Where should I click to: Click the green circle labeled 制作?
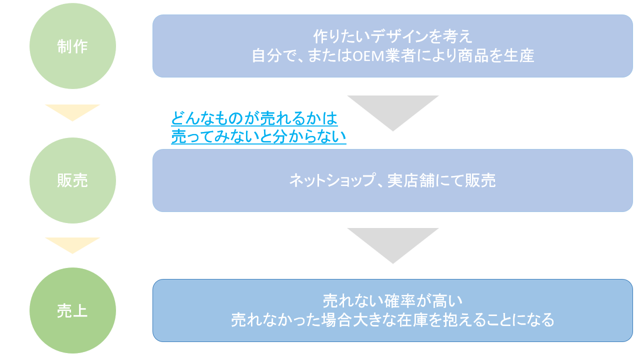click(x=72, y=46)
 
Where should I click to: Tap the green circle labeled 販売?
click(x=72, y=180)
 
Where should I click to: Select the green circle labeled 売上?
click(x=72, y=310)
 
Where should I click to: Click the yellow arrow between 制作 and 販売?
click(x=72, y=111)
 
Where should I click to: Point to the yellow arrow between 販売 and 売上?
click(x=72, y=244)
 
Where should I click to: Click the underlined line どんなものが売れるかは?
click(x=254, y=119)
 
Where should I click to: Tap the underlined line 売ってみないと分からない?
click(x=258, y=136)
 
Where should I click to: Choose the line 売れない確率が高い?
click(x=392, y=301)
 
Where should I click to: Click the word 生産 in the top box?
click(x=519, y=55)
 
